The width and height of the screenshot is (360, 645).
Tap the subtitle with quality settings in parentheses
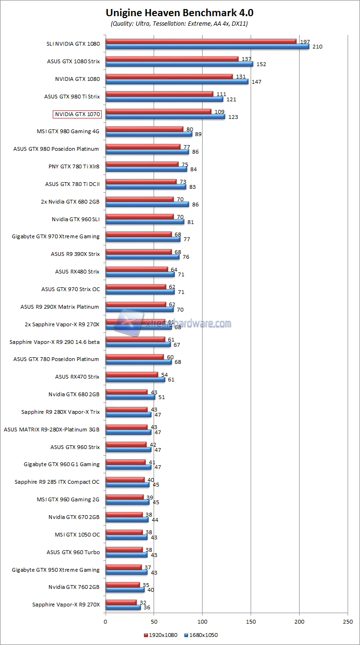179,23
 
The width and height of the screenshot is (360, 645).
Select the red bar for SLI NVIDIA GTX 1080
201,41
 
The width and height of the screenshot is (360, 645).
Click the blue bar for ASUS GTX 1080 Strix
179,64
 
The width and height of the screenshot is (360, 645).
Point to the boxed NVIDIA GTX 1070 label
77,114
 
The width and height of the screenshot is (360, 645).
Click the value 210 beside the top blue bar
318,47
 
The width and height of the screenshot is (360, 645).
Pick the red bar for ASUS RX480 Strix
136,269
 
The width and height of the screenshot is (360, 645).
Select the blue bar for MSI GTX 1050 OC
126,537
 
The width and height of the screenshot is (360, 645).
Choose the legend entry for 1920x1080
160,635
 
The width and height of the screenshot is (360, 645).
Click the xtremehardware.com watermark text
187,323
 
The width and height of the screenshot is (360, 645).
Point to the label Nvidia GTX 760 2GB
74,587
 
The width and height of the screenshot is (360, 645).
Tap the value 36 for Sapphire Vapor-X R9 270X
147,607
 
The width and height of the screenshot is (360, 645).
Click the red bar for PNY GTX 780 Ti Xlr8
142,164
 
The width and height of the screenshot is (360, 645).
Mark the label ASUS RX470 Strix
77,377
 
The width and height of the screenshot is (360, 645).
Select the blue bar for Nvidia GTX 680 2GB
130,397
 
